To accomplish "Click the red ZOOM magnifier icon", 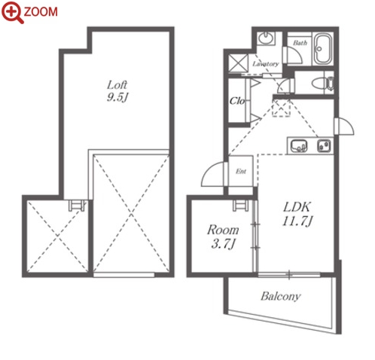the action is coord(12,12).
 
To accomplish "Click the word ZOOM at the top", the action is coord(41,12).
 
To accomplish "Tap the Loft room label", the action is coord(117,85).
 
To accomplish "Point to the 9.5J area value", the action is coord(117,97).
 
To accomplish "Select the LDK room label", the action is coord(297,207).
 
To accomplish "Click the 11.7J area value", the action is coord(297,221).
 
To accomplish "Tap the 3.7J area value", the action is coord(223,243).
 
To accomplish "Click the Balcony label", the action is coord(281,296).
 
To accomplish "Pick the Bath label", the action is coord(300,43).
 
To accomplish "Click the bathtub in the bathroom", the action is coord(323,49).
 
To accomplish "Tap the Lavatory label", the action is coord(266,64).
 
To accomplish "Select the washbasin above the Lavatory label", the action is coord(266,38).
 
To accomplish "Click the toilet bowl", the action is coord(323,83).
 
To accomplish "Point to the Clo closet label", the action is coord(237,101).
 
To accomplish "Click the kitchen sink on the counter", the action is coord(299,146).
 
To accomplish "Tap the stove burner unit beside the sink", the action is coord(324,146).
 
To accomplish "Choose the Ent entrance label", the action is coord(241,172).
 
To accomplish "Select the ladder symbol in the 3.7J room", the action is coord(241,206).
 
